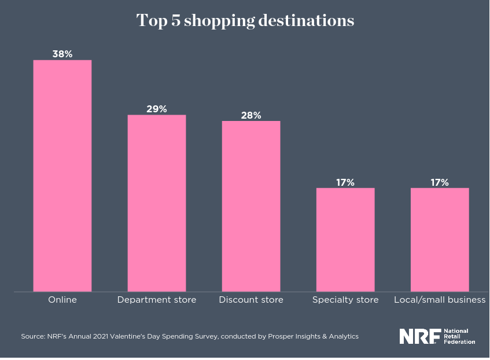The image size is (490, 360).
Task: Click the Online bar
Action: (62, 175)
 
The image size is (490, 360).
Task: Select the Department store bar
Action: (157, 203)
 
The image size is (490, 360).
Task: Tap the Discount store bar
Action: (251, 206)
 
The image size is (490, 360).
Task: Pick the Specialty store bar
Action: (345, 240)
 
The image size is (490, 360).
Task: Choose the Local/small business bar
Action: (440, 240)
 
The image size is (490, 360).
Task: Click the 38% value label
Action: (62, 54)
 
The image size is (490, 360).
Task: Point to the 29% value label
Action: (157, 109)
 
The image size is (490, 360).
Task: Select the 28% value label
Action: (251, 115)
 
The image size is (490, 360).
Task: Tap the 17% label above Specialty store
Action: (345, 182)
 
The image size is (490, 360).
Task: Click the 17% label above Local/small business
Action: (440, 182)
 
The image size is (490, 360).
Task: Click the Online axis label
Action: (62, 300)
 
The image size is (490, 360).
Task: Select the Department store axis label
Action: (157, 300)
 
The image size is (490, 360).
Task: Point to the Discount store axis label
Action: (251, 300)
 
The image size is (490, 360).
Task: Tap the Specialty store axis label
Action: (345, 300)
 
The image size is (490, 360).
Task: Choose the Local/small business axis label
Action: (440, 300)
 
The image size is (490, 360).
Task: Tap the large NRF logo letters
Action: (420, 336)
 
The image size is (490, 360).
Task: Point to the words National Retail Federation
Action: (459, 336)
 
